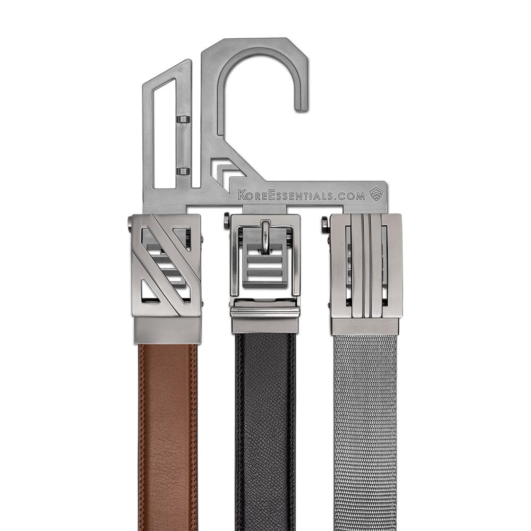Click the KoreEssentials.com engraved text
(301, 195)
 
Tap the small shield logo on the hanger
(376, 194)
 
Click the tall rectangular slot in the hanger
(164, 133)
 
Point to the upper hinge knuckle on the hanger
(183, 119)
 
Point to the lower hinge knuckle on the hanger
(183, 171)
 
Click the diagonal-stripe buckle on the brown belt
(166, 265)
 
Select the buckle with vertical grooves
(366, 265)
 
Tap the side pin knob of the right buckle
(324, 224)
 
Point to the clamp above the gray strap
(365, 326)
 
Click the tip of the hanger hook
(301, 106)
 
